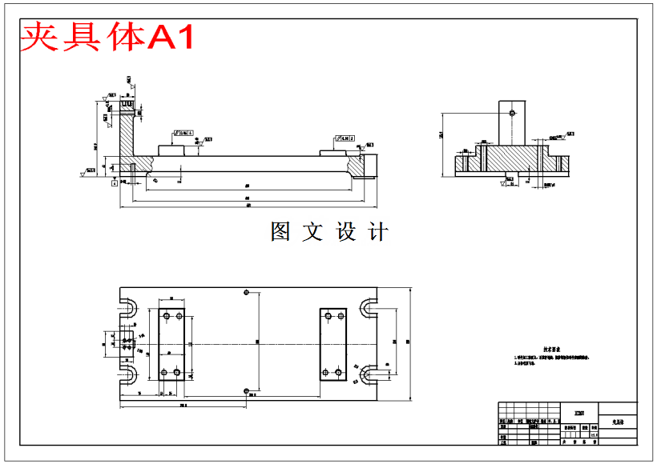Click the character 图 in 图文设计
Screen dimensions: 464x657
coord(280,232)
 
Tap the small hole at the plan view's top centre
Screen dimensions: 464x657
coord(247,291)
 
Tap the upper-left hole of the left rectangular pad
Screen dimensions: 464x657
coord(164,317)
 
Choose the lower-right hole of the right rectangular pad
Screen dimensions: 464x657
coord(339,372)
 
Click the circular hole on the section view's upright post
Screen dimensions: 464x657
coord(511,113)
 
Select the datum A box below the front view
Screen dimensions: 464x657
coord(115,183)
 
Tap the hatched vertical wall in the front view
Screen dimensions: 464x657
coord(127,140)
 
